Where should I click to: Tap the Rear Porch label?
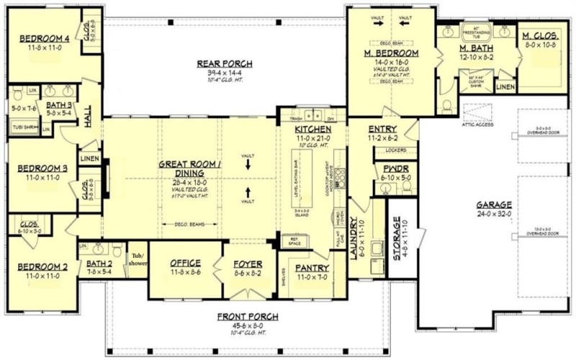pos(222,63)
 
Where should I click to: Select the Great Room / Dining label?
pos(191,168)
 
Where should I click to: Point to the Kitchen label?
pos(312,130)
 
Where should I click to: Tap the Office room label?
pos(184,264)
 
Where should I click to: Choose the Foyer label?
pos(248,264)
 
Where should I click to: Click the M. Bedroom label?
pos(392,53)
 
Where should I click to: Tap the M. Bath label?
pos(475,49)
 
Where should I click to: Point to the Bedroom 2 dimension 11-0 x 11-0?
pos(42,275)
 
